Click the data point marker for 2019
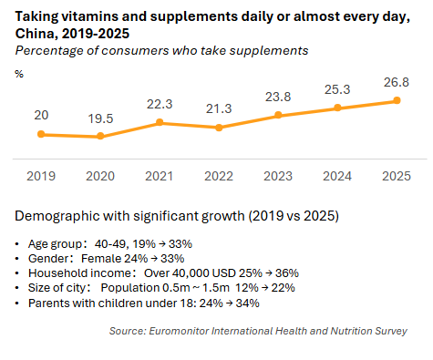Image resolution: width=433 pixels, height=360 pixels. pyautogui.click(x=41, y=134)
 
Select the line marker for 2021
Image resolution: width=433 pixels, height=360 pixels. pyautogui.click(x=160, y=122)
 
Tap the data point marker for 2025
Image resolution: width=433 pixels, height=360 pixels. pyautogui.click(x=397, y=100)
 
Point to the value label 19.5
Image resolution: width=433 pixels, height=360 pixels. pyautogui.click(x=100, y=118)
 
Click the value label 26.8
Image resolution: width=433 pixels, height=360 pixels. pyautogui.click(x=396, y=82)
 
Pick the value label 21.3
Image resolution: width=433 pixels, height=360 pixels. pyautogui.click(x=219, y=109)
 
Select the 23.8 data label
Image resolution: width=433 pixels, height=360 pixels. pyautogui.click(x=278, y=97)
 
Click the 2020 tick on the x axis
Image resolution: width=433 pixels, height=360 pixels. pyautogui.click(x=100, y=175)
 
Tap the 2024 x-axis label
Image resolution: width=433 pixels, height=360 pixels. pyautogui.click(x=337, y=175)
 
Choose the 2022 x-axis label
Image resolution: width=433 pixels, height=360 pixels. pyautogui.click(x=219, y=175)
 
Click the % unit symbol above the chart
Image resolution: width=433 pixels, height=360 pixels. pyautogui.click(x=19, y=73)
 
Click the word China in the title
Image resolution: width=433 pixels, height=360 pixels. pyautogui.click(x=35, y=33)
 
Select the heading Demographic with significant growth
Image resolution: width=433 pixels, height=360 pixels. pyautogui.click(x=178, y=217)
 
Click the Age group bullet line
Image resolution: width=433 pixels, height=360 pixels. pyautogui.click(x=109, y=244)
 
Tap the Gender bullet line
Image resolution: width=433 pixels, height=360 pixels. pyautogui.click(x=103, y=258)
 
